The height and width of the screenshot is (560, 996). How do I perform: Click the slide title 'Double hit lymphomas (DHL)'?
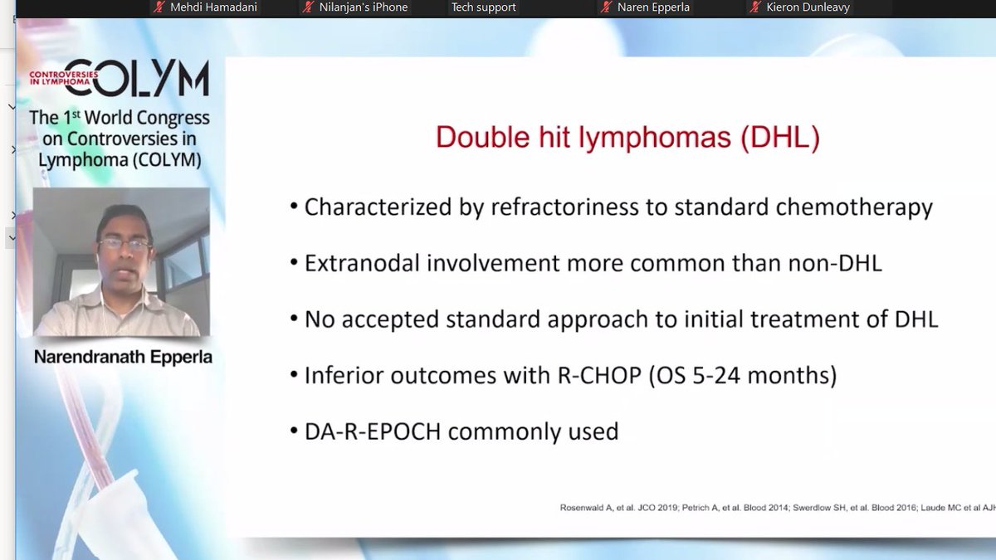(627, 138)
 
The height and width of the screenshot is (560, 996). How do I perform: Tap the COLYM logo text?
(136, 78)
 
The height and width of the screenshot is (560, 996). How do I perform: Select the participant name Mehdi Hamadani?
(214, 7)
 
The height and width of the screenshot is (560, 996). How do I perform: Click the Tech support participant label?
(483, 7)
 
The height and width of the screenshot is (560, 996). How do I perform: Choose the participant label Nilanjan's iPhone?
(364, 7)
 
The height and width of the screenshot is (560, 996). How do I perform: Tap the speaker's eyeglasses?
(124, 244)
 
